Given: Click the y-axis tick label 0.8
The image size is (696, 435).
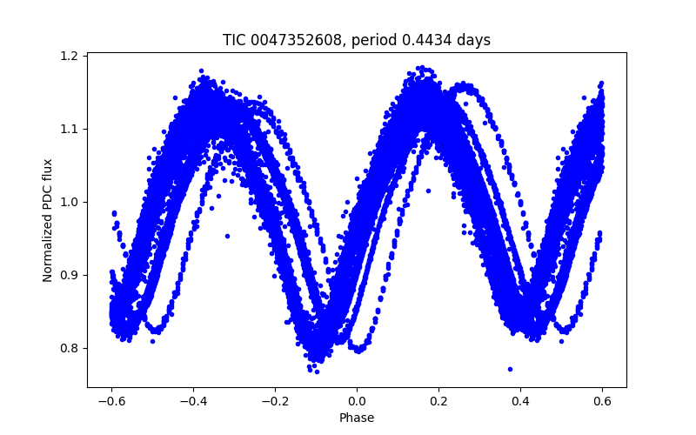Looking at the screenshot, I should [70, 348].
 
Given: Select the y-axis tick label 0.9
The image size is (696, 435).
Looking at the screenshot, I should [70, 275].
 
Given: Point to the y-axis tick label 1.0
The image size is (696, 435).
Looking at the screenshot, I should [70, 202].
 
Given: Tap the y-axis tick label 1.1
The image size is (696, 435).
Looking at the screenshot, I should [70, 129].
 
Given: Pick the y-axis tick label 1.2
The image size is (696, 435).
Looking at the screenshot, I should [70, 56].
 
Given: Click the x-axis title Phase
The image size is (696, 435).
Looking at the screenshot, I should [357, 418].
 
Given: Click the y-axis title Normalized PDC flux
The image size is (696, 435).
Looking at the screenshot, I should [49, 219].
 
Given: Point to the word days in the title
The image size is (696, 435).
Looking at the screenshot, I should [475, 40].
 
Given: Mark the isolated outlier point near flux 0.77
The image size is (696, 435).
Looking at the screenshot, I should [510, 369].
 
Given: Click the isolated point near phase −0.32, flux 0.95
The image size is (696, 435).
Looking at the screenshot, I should [227, 236].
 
